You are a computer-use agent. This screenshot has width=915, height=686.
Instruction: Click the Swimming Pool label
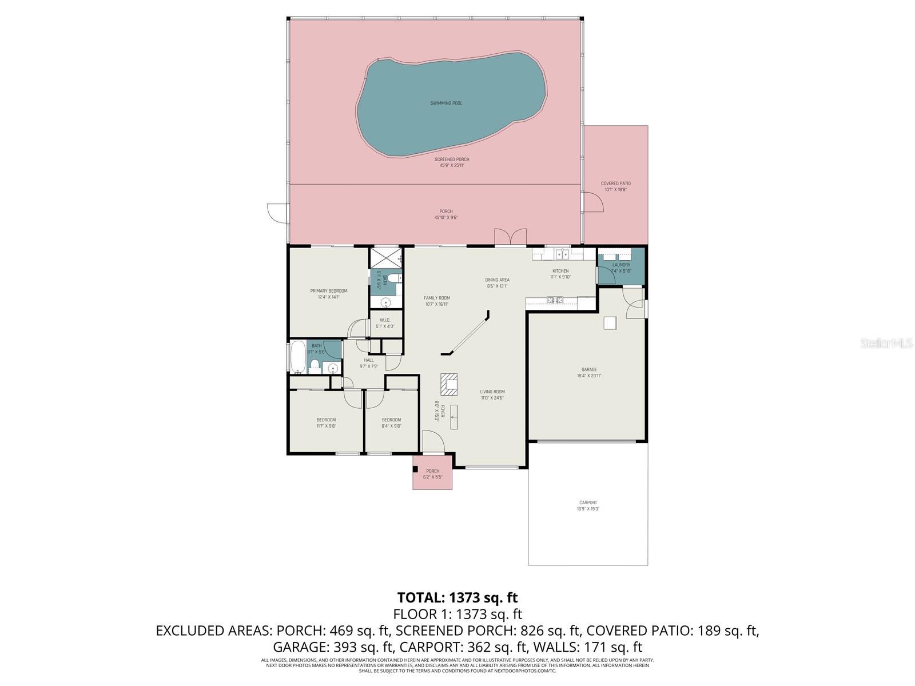(446, 103)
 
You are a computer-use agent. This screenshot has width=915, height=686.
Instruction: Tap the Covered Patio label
(615, 186)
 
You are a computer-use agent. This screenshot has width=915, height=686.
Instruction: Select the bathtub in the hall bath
(298, 357)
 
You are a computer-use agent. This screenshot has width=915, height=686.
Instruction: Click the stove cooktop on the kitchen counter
(554, 300)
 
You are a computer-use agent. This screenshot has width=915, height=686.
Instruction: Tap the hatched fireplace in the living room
(449, 384)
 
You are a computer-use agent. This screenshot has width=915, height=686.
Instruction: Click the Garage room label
(588, 373)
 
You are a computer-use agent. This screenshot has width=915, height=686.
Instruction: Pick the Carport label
(588, 505)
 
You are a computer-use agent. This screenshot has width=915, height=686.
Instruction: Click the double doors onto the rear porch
(510, 237)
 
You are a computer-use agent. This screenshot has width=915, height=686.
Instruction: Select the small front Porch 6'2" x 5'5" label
(432, 474)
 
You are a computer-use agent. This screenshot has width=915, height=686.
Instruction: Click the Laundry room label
(621, 268)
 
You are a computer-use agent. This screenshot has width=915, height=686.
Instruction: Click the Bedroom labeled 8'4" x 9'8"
(391, 422)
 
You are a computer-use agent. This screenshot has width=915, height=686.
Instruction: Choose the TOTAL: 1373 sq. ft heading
(457, 597)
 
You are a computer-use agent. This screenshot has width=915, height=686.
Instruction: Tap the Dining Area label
(497, 283)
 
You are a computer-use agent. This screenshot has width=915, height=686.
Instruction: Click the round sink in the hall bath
(332, 368)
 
